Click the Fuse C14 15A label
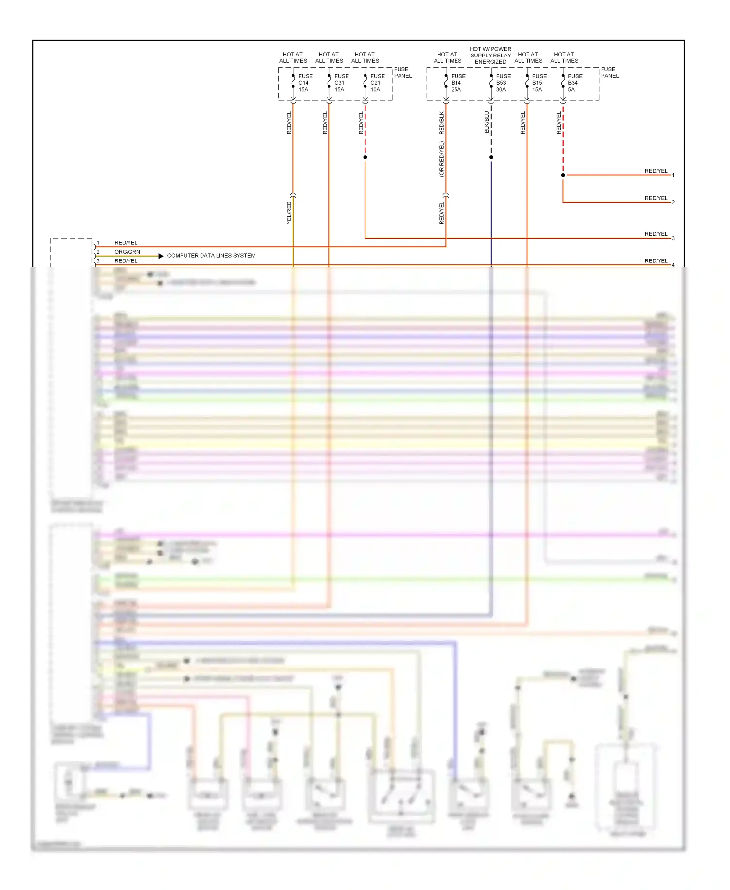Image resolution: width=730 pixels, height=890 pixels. [305, 83]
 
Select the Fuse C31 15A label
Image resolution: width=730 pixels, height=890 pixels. [341, 83]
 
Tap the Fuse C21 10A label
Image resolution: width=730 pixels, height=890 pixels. [377, 83]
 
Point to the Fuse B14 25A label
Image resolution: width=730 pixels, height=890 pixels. [457, 83]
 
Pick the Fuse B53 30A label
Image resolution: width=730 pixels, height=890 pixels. [503, 83]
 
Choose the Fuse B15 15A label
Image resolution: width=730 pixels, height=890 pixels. [539, 83]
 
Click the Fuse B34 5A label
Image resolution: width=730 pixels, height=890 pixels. [574, 83]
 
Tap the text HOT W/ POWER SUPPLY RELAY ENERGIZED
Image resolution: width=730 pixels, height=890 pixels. [491, 56]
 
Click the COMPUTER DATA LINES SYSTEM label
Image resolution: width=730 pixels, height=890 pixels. [211, 256]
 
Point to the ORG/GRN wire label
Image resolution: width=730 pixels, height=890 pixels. [127, 252]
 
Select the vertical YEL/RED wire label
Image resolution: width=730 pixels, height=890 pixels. [289, 213]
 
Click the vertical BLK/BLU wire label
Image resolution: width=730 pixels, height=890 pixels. [487, 122]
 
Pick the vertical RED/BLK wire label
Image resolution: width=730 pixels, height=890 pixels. [442, 123]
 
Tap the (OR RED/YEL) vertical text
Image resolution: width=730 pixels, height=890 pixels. [442, 159]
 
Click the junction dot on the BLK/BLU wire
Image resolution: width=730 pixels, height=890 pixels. [491, 157]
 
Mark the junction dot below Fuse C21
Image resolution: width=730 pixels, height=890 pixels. [365, 157]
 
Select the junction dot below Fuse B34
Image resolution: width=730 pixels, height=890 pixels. [563, 175]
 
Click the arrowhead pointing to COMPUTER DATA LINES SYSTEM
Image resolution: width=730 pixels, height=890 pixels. [161, 256]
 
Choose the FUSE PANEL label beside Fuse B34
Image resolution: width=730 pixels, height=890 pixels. [609, 73]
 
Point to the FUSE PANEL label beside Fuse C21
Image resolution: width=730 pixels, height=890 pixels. [402, 73]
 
